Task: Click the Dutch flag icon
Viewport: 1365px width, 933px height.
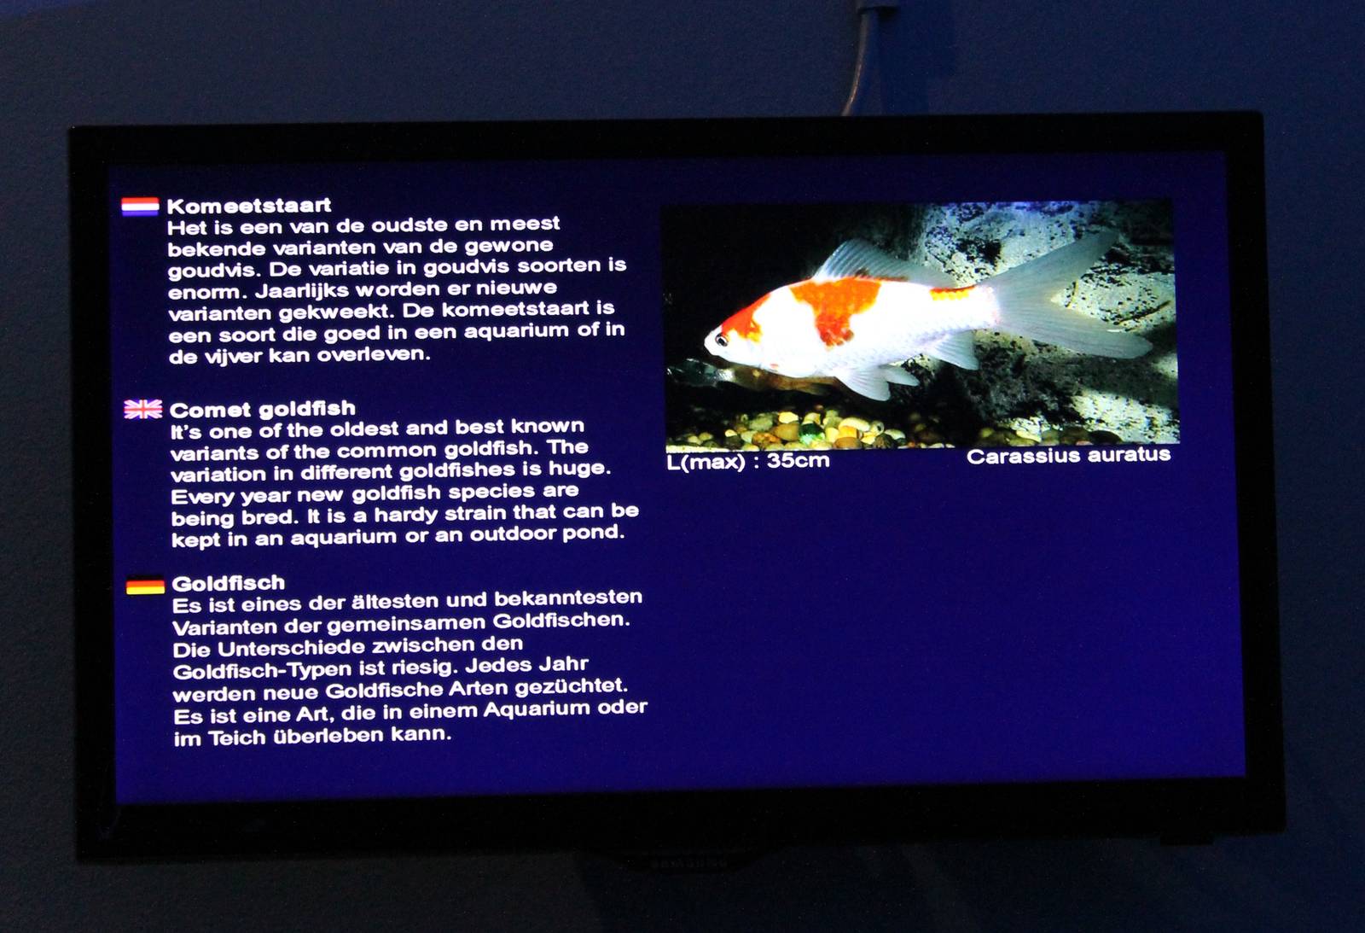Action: click(140, 207)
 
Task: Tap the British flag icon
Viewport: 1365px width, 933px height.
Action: click(142, 410)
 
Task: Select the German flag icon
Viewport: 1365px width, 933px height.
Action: click(145, 586)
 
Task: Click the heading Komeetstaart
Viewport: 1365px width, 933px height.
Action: click(248, 206)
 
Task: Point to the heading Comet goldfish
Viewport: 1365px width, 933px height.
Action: click(262, 409)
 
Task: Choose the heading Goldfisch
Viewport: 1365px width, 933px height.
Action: click(228, 584)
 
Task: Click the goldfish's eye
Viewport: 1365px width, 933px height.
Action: click(721, 340)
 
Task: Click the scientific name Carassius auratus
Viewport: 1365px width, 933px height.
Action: click(1068, 456)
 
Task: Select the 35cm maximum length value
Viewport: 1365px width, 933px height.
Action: click(798, 461)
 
